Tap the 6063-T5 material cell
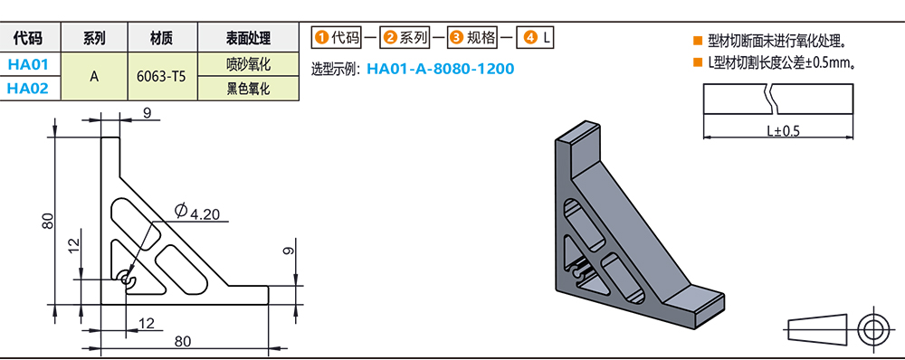pyautogui.click(x=163, y=77)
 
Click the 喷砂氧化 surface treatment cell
pyautogui.click(x=249, y=64)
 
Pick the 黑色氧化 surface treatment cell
pyautogui.click(x=249, y=89)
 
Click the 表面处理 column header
pyautogui.click(x=249, y=39)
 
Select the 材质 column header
pyautogui.click(x=163, y=39)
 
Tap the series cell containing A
pyautogui.click(x=95, y=77)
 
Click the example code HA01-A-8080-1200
pyautogui.click(x=440, y=70)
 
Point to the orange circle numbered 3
pyautogui.click(x=456, y=38)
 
